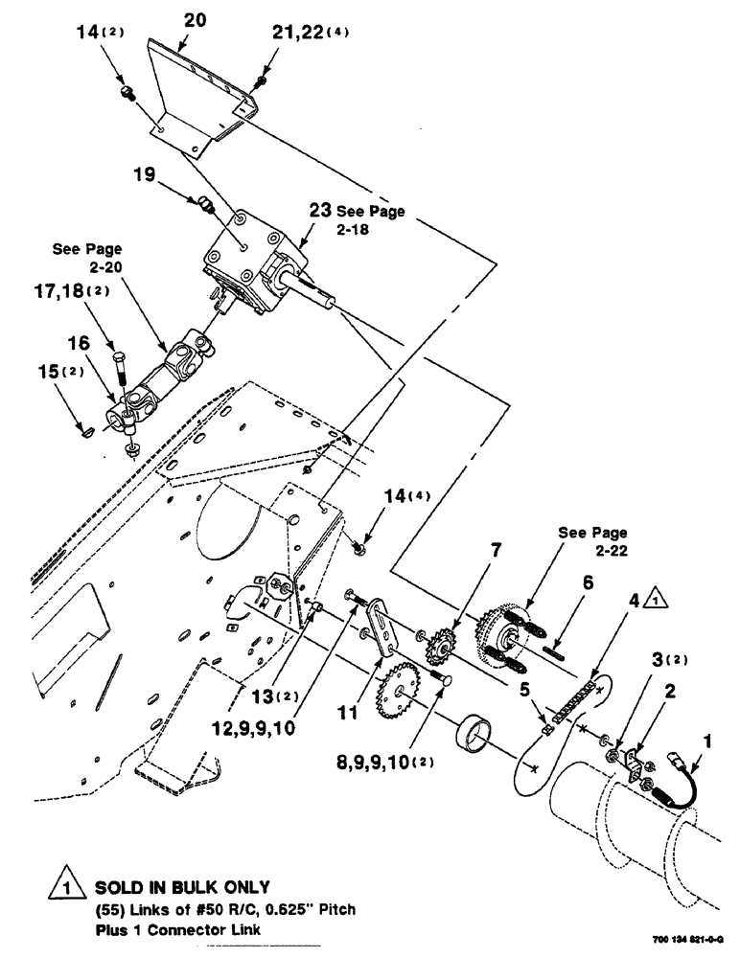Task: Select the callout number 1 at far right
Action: [707, 741]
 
